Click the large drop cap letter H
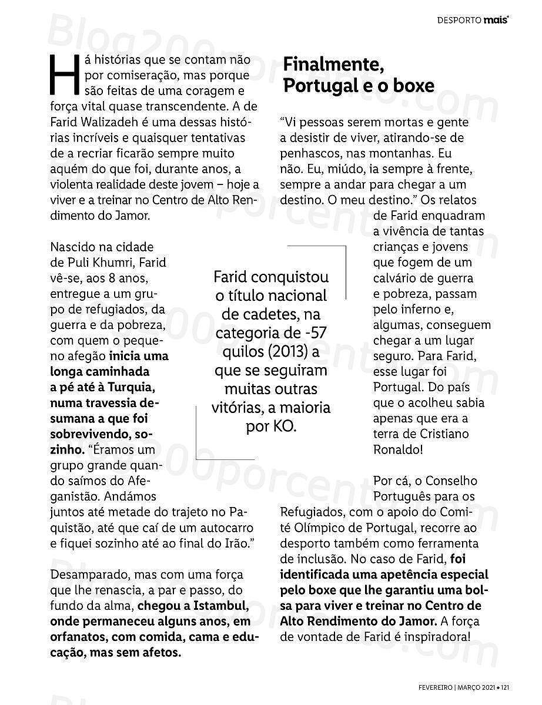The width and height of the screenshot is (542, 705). click(65, 76)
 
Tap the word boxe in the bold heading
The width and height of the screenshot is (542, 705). click(411, 86)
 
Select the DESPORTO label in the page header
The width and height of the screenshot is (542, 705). click(459, 21)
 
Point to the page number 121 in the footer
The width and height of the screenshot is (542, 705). click(504, 686)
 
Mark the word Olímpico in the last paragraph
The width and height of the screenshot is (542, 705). click(331, 527)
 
